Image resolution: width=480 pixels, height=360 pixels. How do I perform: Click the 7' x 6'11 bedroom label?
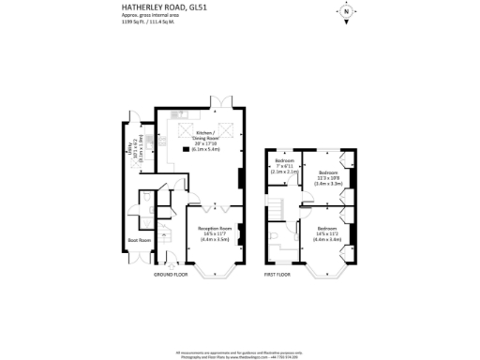(x=283, y=168)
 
